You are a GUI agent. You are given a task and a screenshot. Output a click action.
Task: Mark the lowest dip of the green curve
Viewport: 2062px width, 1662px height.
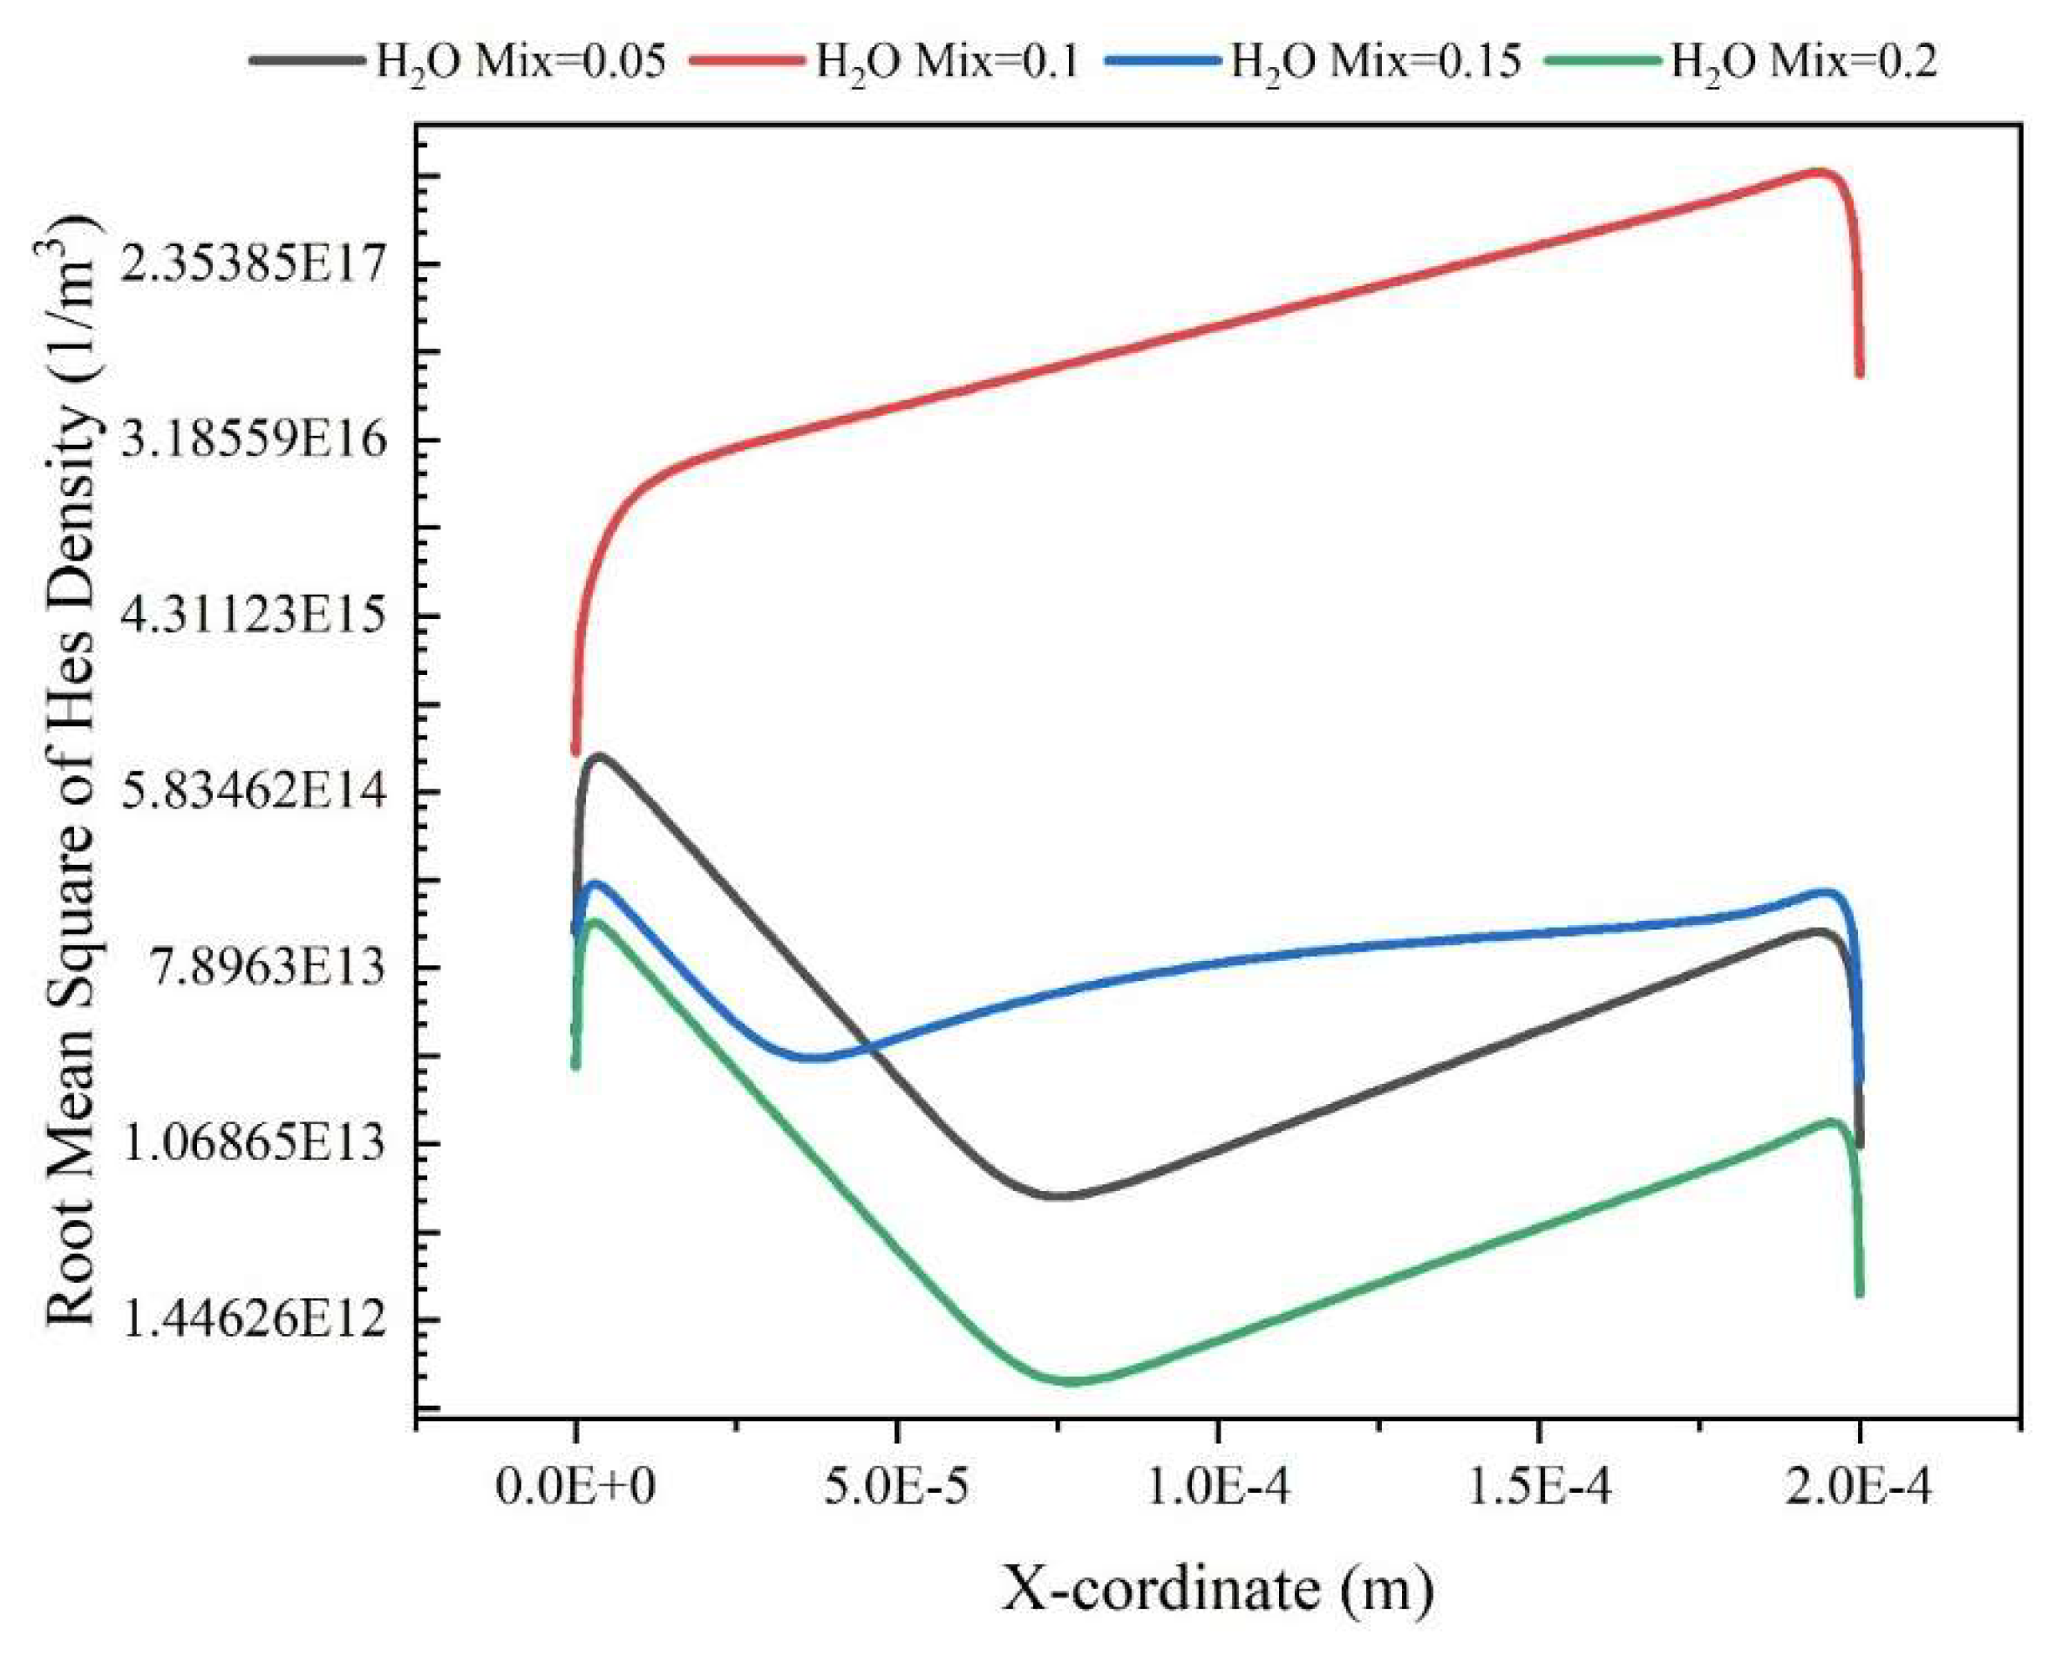(x=1072, y=1381)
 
